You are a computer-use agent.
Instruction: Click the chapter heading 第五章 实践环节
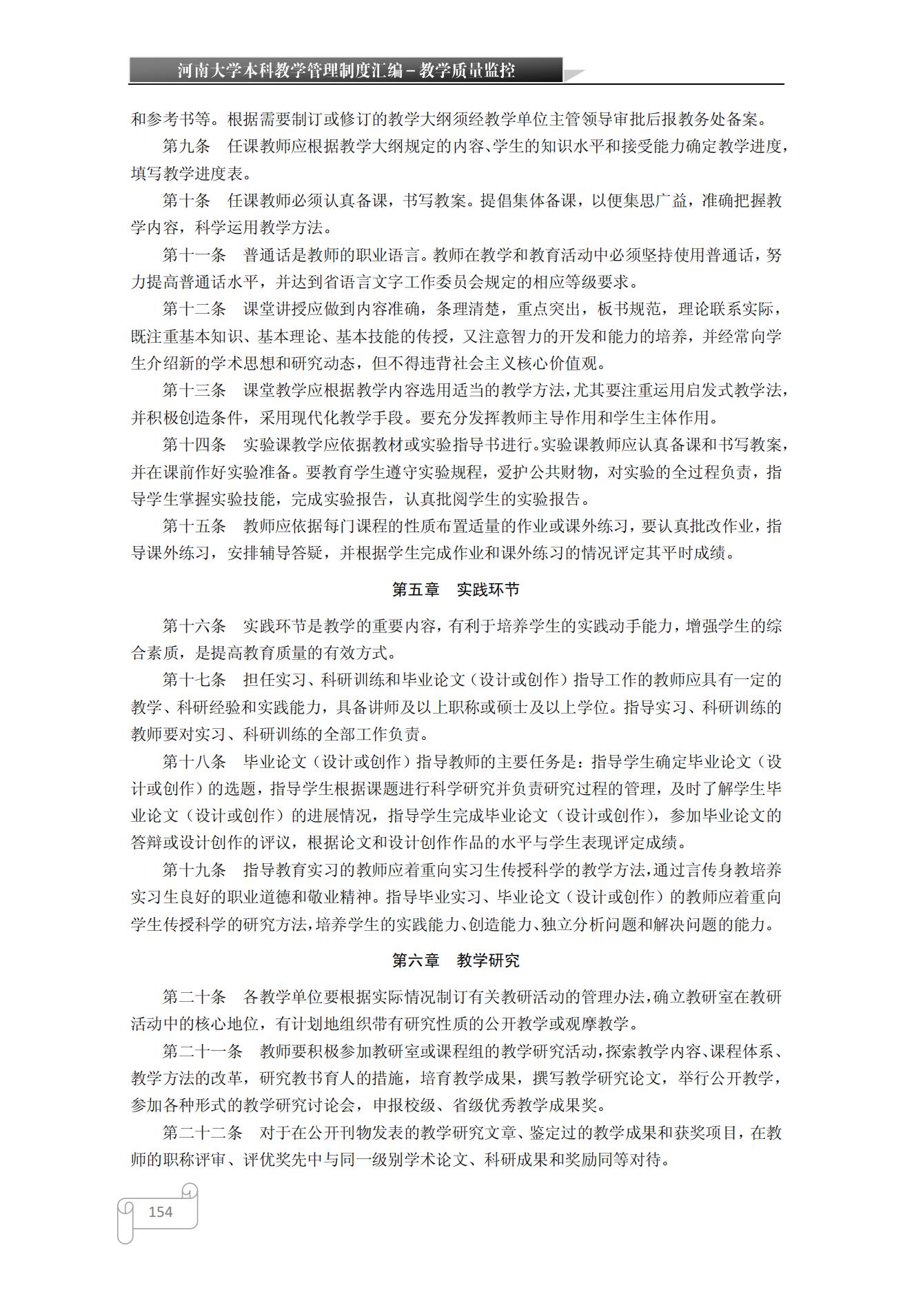pos(456,589)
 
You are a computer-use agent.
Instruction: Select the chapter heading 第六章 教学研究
pos(456,960)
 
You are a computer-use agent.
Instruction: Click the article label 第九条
pos(186,146)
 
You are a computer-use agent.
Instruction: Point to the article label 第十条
pos(186,201)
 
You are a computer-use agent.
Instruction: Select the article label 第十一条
pos(194,255)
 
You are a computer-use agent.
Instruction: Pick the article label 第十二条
pos(194,309)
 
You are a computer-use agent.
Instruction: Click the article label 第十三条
pos(194,390)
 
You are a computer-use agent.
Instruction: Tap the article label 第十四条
pos(194,445)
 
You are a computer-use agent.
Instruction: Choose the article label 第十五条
pos(194,526)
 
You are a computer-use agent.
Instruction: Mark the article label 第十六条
pos(194,626)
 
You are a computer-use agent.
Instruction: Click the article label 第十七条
pos(194,680)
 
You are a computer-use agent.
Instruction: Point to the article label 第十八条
pos(194,762)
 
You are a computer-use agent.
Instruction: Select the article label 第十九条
pos(194,870)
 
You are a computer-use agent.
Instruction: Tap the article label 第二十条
pos(194,997)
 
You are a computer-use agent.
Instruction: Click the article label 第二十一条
pos(203,1051)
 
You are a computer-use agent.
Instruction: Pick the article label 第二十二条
pos(203,1133)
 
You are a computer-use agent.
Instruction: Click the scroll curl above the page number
pos(190,1191)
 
